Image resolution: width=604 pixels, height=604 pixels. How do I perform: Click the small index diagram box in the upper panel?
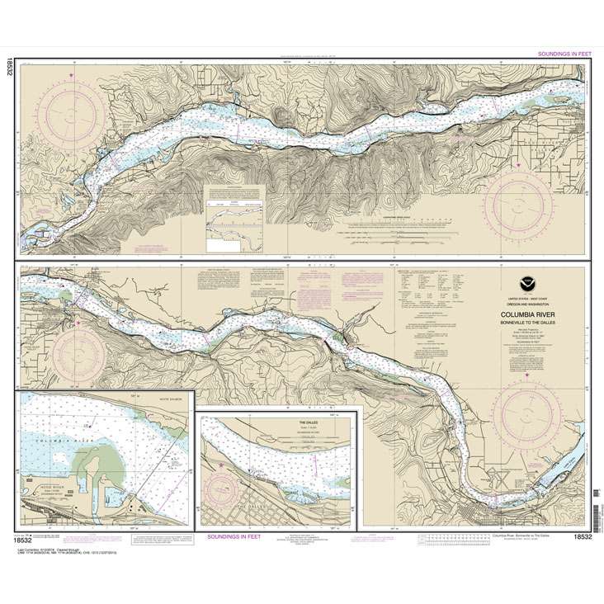(235, 216)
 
